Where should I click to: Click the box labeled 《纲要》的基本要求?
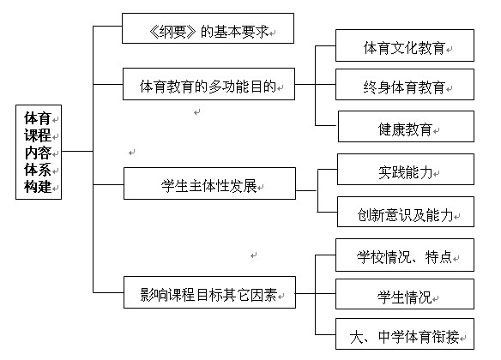[x=208, y=28]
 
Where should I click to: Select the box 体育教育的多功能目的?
[x=209, y=84]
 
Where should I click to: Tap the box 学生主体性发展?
[x=209, y=183]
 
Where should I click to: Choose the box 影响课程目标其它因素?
[x=209, y=292]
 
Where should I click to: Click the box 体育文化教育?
[x=405, y=45]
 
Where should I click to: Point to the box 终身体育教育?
[x=405, y=85]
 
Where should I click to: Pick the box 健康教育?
[x=406, y=126]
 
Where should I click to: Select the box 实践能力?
[x=406, y=170]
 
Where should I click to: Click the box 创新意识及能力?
[x=406, y=212]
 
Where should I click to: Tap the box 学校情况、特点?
[x=405, y=255]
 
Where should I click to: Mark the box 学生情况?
[x=405, y=294]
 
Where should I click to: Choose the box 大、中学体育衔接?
[x=405, y=333]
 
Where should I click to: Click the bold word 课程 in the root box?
[x=38, y=135]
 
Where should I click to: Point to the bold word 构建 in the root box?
[x=38, y=187]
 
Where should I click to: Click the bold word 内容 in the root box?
[x=38, y=153]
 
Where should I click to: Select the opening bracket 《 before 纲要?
[x=154, y=32]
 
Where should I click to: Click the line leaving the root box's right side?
[x=77, y=151]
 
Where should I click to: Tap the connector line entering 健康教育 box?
[x=327, y=125]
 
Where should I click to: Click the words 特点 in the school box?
[x=438, y=257]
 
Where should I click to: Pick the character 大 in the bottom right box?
[x=357, y=337]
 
